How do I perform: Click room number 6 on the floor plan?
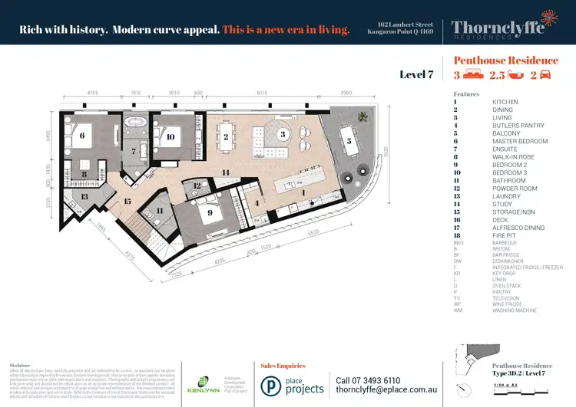point(82,135)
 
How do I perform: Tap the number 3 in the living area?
point(283,134)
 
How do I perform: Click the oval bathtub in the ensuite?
point(139,123)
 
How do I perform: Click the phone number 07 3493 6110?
point(368,380)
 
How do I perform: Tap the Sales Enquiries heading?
point(283,366)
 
